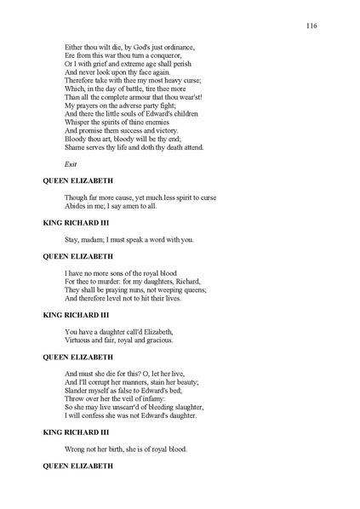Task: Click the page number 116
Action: (311, 26)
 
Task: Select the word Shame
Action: (75, 147)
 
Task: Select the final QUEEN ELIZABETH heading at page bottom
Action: (79, 466)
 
